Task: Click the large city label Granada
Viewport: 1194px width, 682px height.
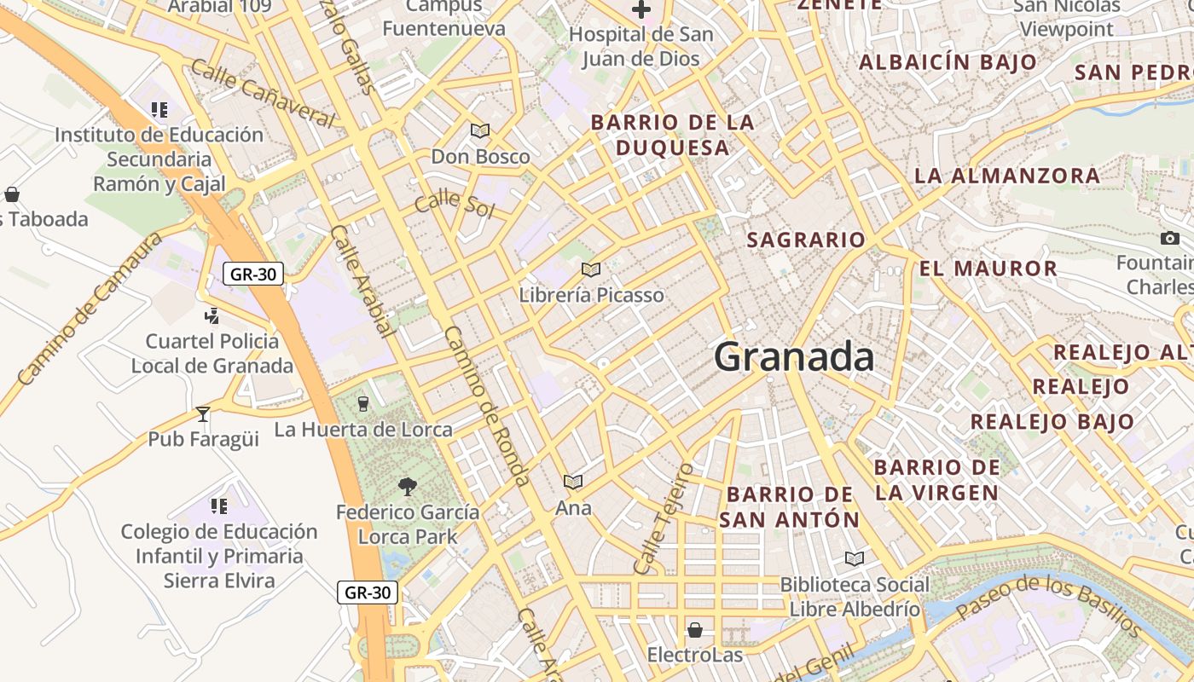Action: click(794, 356)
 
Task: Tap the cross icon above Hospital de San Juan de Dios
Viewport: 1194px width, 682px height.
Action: click(640, 10)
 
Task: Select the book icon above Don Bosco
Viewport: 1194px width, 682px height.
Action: click(480, 131)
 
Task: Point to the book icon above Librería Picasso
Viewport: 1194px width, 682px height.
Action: click(591, 269)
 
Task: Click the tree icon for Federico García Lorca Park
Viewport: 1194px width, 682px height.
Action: click(408, 487)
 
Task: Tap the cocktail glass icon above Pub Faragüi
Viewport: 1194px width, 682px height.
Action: click(203, 414)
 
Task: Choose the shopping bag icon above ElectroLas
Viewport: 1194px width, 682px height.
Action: click(695, 630)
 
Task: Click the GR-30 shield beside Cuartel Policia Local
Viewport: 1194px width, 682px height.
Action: click(253, 274)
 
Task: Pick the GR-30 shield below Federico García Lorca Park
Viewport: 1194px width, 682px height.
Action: click(368, 592)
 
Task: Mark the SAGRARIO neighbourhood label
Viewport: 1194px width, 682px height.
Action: click(806, 240)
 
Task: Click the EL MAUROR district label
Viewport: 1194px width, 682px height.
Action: click(988, 269)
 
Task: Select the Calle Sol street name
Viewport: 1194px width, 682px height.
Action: click(454, 205)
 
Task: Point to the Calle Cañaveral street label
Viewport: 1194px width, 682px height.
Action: click(262, 93)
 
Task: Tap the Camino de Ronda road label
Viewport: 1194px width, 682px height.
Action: click(488, 406)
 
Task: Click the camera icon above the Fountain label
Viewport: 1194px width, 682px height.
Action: click(1170, 238)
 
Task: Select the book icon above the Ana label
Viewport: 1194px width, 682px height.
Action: click(573, 483)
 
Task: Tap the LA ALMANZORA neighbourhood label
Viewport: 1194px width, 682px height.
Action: click(1007, 176)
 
